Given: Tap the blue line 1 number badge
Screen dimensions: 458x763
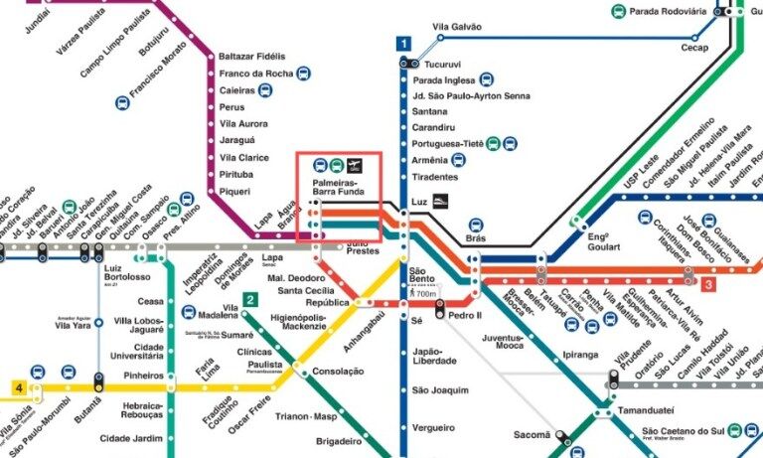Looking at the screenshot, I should (x=403, y=44).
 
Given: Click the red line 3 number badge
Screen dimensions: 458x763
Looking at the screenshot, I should (x=708, y=285).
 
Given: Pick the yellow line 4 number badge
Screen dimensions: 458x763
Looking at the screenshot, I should (x=19, y=386).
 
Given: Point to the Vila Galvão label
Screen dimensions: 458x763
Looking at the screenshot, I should (x=458, y=27).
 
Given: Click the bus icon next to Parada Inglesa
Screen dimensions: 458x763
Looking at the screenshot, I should (x=487, y=79).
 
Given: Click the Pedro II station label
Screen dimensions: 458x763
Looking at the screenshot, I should (x=465, y=315).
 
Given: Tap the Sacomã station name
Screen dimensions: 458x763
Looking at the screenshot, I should (x=531, y=434).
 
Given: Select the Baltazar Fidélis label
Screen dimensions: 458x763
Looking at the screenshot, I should (x=251, y=56).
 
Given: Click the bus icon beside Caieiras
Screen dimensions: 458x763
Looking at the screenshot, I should (x=265, y=89).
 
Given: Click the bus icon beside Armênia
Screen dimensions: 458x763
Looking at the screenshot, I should (x=458, y=159).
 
